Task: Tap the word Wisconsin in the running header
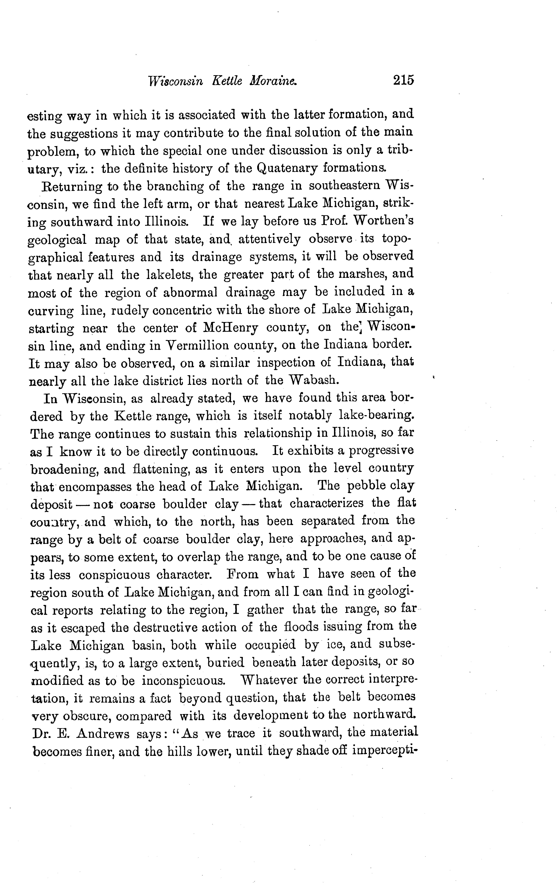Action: (175, 81)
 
